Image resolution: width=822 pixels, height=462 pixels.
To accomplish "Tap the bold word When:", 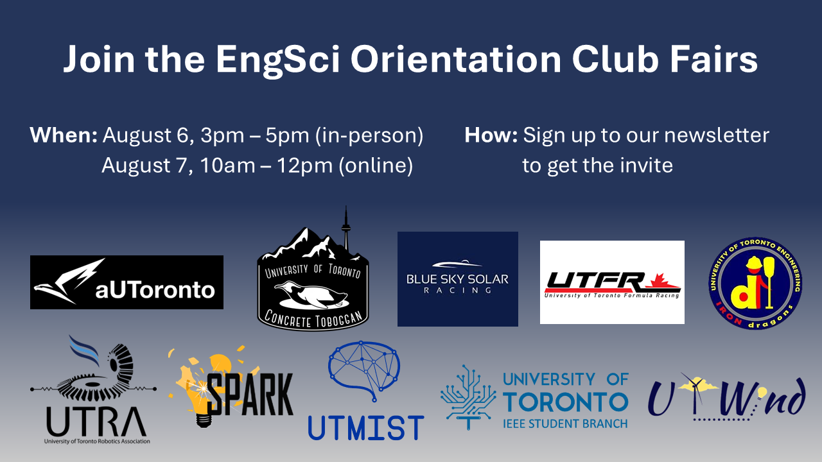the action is coord(64,135).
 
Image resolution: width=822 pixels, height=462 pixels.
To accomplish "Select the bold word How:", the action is coord(491,135).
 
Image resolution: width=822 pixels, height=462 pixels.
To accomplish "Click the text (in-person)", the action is coord(369,136).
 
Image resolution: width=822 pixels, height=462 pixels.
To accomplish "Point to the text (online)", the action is coord(376,166).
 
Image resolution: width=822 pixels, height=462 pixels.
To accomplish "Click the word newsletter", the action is coord(717,135).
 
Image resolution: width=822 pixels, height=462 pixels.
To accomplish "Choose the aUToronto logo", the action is coord(127,282).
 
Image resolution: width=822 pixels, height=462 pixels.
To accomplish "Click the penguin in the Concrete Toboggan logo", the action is coord(311,295).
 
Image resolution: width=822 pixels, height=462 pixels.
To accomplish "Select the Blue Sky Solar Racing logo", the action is coord(458,278).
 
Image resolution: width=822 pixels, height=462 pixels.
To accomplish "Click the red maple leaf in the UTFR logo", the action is coord(662,280).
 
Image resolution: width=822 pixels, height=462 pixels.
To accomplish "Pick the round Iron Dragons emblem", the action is coord(755,283).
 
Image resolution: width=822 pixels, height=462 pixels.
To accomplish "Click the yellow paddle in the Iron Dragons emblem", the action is coord(769,282).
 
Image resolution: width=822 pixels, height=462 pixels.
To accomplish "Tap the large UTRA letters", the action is coord(96,421).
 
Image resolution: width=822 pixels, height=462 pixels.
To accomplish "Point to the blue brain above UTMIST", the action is coord(363,370).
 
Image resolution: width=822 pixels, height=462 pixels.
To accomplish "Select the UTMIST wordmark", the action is coord(366,427).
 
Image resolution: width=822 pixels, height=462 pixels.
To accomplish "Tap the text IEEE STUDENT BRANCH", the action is coord(565,424).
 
